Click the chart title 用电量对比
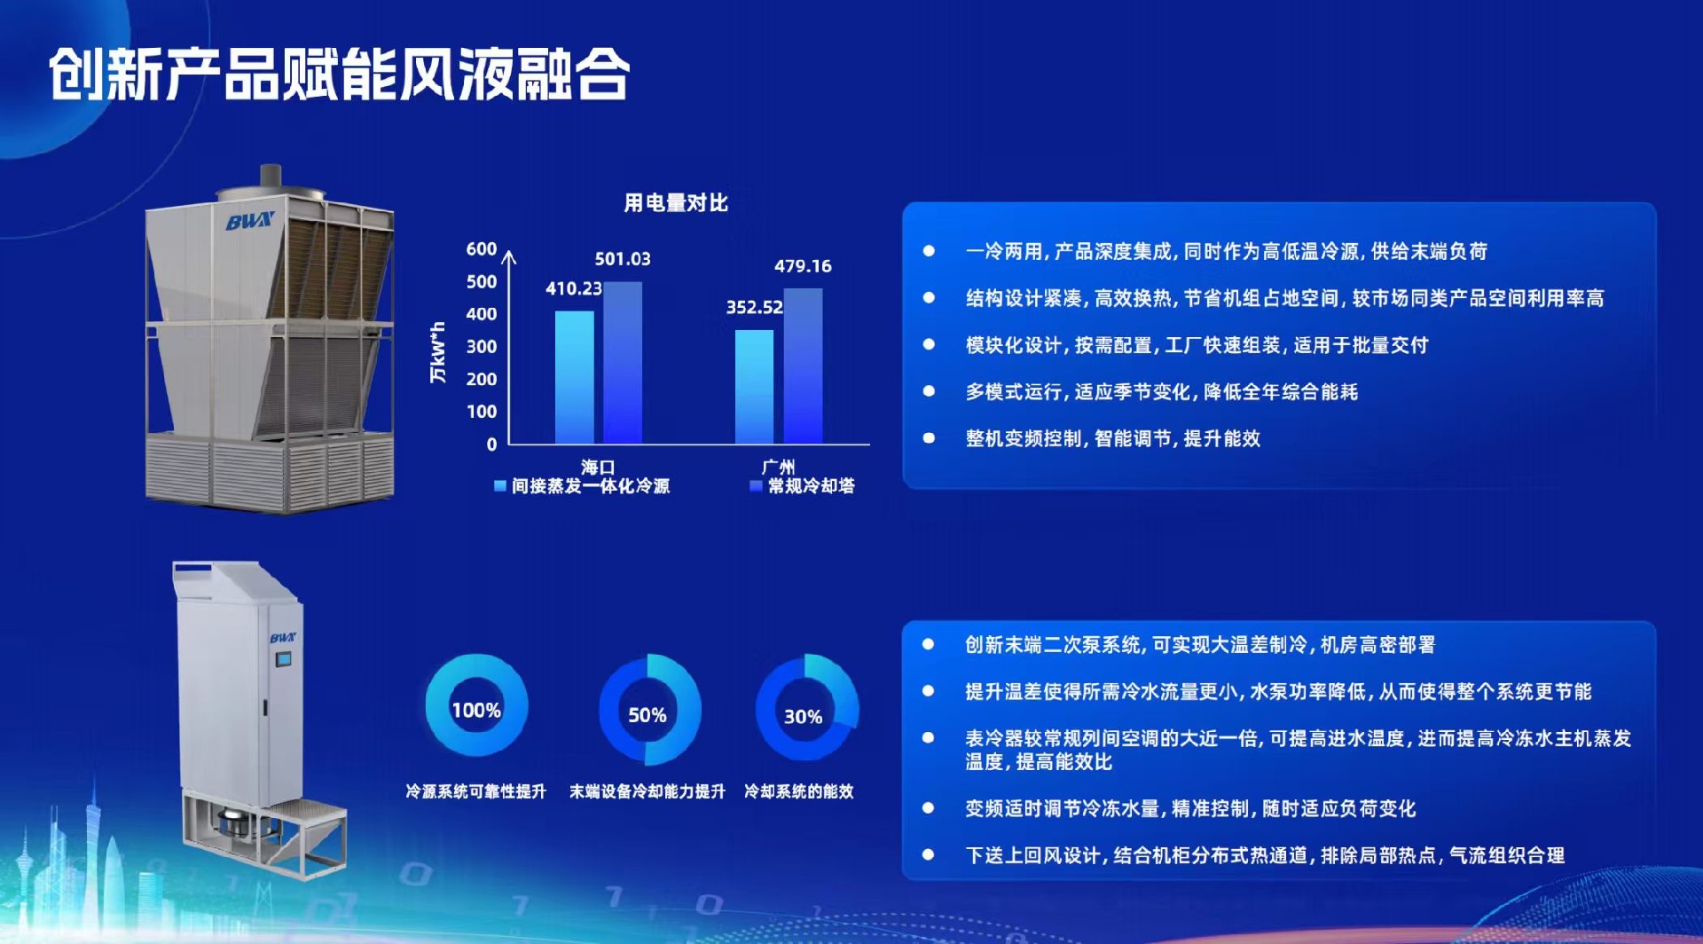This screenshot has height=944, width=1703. (x=676, y=203)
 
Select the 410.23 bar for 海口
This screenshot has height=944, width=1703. (x=574, y=377)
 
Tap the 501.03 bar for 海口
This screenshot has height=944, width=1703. (x=623, y=363)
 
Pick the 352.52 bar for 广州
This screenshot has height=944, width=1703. (x=754, y=387)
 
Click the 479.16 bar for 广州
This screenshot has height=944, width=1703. (x=803, y=366)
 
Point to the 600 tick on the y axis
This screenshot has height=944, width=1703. (x=482, y=249)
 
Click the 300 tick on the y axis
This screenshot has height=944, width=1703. (x=482, y=347)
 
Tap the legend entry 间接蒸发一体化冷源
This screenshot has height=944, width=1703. (x=583, y=486)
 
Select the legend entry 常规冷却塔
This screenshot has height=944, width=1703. (x=803, y=486)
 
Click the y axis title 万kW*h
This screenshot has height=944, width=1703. (x=437, y=352)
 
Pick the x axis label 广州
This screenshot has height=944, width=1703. (x=778, y=467)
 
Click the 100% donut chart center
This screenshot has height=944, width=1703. (x=476, y=710)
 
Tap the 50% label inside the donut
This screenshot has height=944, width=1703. (x=647, y=715)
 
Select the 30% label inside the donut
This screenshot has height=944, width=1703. (x=803, y=717)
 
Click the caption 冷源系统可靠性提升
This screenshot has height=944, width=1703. (x=476, y=791)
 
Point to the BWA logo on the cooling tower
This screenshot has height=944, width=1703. (x=250, y=221)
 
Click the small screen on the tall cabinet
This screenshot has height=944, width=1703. (x=283, y=659)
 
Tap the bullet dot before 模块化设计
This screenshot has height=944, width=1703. (x=929, y=344)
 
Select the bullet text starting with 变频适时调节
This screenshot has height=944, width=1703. (x=1190, y=808)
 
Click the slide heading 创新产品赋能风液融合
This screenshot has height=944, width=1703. (x=340, y=75)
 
